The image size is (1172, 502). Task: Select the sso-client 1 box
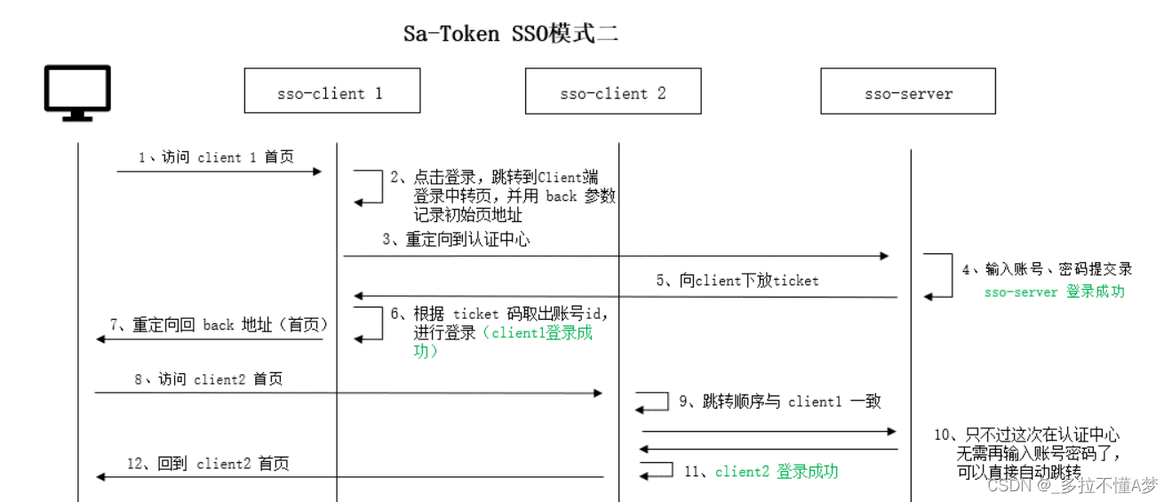[x=331, y=92]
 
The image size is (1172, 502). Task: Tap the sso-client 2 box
[x=612, y=92]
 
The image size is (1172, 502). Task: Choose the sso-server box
[x=907, y=92]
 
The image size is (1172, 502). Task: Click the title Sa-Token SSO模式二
[x=510, y=35]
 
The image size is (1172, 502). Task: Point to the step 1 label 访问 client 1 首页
[x=216, y=157]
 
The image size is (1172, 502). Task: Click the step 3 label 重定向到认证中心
[x=456, y=239]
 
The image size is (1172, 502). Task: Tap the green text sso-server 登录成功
[x=1054, y=291]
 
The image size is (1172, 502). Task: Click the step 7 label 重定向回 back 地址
[x=219, y=324]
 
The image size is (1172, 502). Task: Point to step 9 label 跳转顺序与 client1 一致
[x=779, y=401]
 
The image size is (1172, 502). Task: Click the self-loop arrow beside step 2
[x=369, y=187]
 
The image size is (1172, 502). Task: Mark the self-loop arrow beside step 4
[x=938, y=275]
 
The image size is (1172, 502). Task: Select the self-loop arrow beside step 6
[x=369, y=323]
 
